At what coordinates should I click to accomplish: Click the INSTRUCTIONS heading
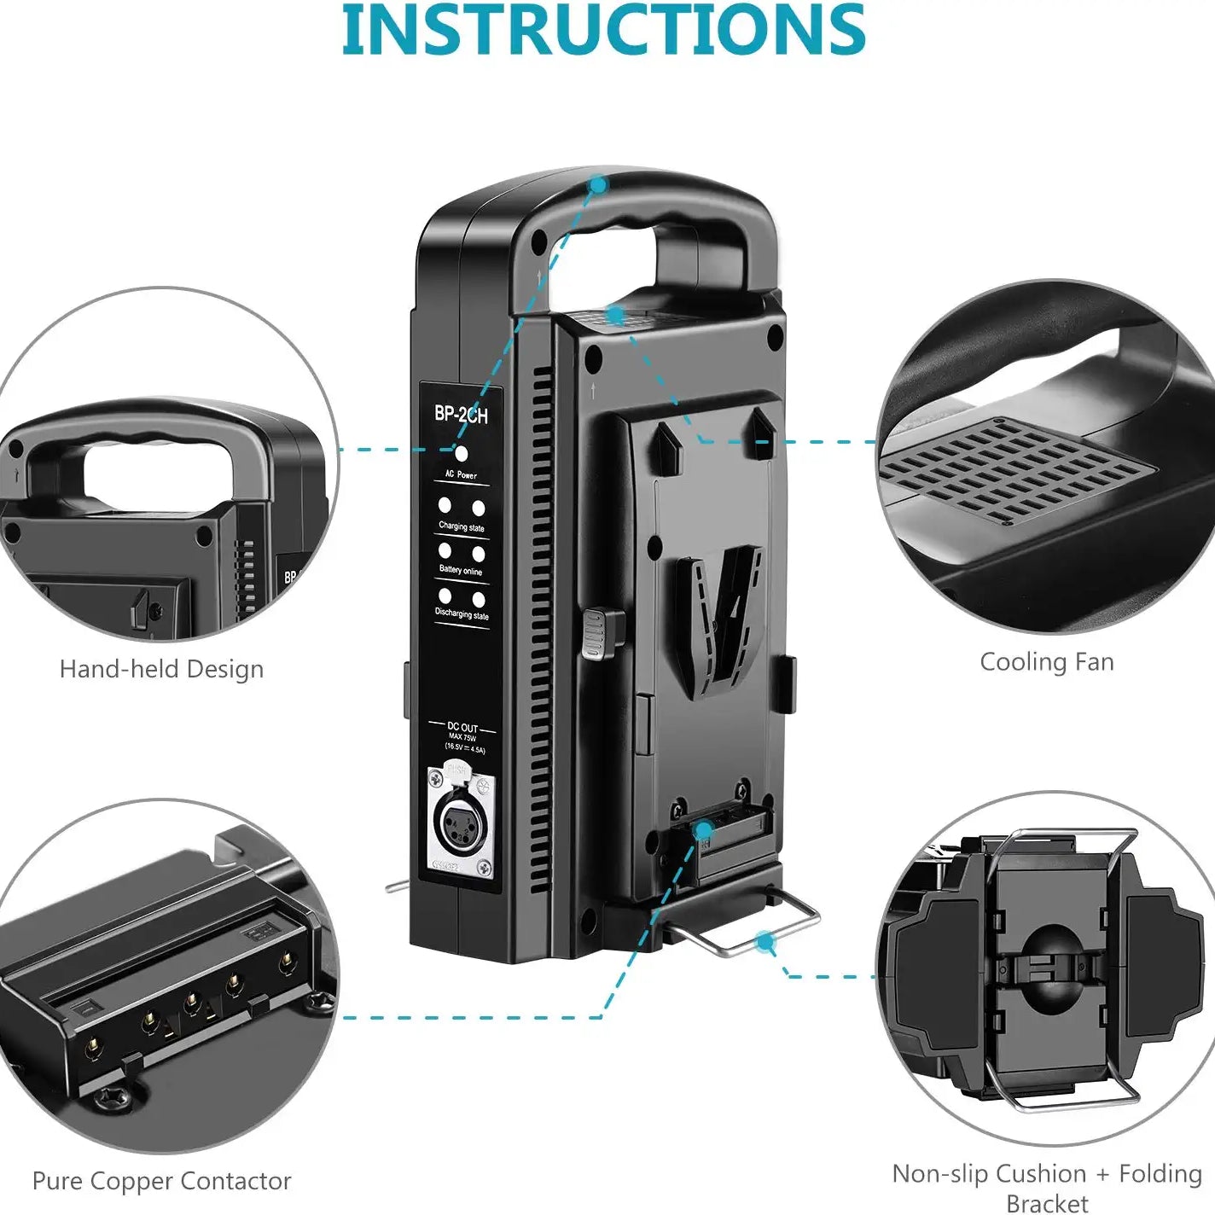pyautogui.click(x=604, y=31)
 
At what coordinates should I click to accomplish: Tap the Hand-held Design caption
pyautogui.click(x=161, y=669)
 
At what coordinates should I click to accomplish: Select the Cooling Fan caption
pyautogui.click(x=1046, y=662)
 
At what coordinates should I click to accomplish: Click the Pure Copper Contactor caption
pyautogui.click(x=161, y=1181)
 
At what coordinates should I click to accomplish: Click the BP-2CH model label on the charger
pyautogui.click(x=461, y=415)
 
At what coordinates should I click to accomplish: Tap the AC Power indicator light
pyautogui.click(x=462, y=454)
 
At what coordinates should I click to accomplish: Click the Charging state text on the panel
pyautogui.click(x=462, y=526)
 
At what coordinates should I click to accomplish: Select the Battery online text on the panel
pyautogui.click(x=461, y=570)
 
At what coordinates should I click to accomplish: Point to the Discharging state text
pyautogui.click(x=462, y=613)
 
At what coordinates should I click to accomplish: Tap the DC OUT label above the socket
pyautogui.click(x=462, y=727)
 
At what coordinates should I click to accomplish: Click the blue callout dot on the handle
pyautogui.click(x=599, y=183)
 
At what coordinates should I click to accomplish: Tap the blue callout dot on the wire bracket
pyautogui.click(x=765, y=941)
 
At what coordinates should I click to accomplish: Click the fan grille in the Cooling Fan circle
pyautogui.click(x=1015, y=470)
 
